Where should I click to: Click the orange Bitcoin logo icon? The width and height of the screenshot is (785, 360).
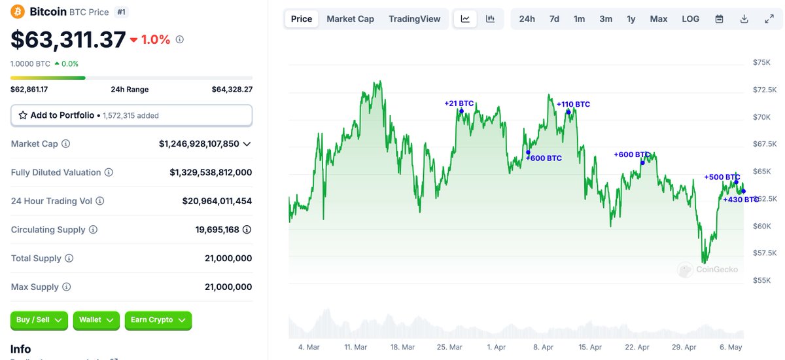coord(18,12)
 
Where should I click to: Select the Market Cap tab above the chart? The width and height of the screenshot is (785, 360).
coord(350,19)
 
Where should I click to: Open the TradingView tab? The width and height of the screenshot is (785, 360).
coord(414,19)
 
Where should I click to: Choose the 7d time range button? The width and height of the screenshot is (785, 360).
coord(554,19)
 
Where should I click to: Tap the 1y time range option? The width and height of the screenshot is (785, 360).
coord(631,19)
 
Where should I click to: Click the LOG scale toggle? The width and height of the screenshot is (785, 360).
coord(690,19)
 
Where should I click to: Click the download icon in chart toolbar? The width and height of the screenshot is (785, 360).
coord(744,19)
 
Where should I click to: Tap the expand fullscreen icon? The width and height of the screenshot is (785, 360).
coord(769,19)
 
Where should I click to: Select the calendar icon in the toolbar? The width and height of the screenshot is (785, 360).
coord(719,19)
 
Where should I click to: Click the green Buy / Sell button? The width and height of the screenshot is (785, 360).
coord(39,320)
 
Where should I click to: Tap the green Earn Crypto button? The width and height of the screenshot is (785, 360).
coord(158,320)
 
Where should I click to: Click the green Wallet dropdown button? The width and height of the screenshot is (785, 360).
coord(96,320)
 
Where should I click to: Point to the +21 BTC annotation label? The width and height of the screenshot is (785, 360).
coord(459,103)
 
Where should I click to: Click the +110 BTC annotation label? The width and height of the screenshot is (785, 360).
coord(573,104)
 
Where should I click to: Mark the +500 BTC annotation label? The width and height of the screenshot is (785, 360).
coord(722,177)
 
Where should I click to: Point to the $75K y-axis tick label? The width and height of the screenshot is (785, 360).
coord(761,62)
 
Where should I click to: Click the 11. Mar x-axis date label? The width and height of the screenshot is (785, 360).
coord(355,347)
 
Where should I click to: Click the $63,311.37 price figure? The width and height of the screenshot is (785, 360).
coord(68,40)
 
